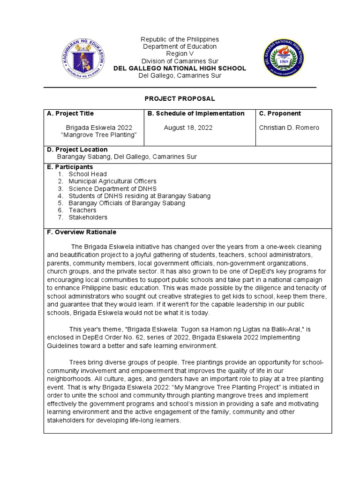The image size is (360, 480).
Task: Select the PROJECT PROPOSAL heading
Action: (x=180, y=98)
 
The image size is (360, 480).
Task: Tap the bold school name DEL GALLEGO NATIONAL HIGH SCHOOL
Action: (x=180, y=68)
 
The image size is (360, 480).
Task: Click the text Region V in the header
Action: (x=180, y=54)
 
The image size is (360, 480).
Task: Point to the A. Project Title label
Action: (x=70, y=113)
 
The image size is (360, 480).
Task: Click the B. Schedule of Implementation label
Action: (x=196, y=113)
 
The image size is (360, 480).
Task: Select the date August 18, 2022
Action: (x=185, y=127)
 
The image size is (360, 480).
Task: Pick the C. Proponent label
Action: (x=280, y=113)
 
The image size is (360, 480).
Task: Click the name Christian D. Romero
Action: (x=289, y=127)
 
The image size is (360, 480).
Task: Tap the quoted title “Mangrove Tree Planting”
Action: (x=99, y=135)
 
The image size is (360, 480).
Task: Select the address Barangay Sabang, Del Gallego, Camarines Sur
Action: (x=127, y=157)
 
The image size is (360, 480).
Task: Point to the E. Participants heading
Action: (x=70, y=167)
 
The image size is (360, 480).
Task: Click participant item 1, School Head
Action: (x=88, y=174)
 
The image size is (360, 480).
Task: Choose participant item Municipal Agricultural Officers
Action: (x=112, y=181)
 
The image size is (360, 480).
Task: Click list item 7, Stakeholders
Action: (x=88, y=217)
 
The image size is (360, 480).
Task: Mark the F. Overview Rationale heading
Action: (x=82, y=232)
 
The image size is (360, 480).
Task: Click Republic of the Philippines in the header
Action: (x=180, y=39)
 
